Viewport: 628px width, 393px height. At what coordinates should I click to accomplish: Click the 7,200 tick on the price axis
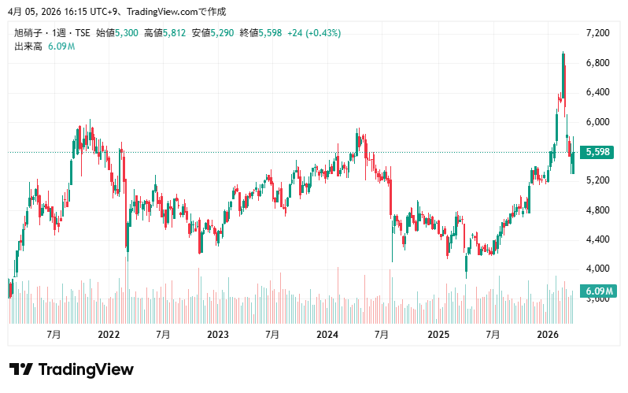(599, 33)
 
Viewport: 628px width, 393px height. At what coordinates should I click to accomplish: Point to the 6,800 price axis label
(599, 62)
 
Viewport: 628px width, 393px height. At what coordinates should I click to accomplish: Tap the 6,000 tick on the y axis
(599, 121)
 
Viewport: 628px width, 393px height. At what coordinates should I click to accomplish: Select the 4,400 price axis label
(599, 239)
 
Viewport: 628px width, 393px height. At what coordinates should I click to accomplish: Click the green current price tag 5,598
(599, 152)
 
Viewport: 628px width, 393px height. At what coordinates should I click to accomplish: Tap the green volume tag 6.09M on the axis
(598, 292)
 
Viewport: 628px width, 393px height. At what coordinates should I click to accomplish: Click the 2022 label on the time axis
(108, 335)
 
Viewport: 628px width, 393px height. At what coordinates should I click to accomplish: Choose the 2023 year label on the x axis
(217, 335)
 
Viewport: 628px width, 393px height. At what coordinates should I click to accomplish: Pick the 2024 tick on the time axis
(327, 335)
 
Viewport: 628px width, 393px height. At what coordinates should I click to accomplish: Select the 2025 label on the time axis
(438, 335)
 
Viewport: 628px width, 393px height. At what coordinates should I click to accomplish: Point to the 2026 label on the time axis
(547, 335)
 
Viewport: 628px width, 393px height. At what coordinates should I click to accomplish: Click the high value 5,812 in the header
(174, 33)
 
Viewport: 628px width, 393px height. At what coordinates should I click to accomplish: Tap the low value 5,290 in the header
(222, 33)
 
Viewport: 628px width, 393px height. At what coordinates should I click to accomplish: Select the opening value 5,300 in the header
(127, 33)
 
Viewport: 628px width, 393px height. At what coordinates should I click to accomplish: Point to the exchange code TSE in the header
(81, 33)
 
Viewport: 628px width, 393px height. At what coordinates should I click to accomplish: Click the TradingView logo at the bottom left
(71, 369)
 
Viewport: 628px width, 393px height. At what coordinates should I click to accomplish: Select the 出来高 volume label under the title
(28, 46)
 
